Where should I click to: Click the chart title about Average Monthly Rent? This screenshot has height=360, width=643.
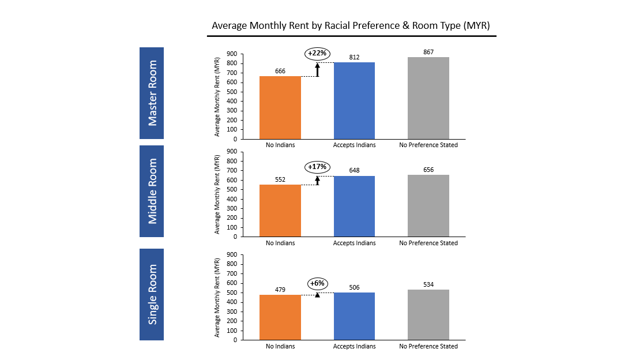click(x=351, y=26)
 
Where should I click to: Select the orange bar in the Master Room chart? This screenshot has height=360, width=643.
click(x=280, y=107)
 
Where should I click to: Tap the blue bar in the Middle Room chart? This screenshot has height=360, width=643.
click(x=354, y=206)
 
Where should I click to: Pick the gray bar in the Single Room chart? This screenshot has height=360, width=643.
click(x=428, y=314)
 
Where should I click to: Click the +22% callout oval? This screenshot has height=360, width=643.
click(x=317, y=54)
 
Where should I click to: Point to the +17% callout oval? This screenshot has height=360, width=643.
click(x=317, y=167)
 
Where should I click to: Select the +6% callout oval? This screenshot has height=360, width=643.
click(x=317, y=283)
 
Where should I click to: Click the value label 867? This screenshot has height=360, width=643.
click(x=428, y=52)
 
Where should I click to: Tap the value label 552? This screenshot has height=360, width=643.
click(x=280, y=179)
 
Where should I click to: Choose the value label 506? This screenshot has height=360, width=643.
click(x=354, y=287)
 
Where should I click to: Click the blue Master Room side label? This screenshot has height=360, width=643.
click(x=152, y=93)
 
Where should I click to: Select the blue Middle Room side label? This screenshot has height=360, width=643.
click(x=152, y=191)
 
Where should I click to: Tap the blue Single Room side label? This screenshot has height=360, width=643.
click(x=152, y=294)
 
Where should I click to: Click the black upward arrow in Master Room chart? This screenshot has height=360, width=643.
click(x=317, y=69)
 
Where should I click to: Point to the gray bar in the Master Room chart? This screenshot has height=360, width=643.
click(x=428, y=98)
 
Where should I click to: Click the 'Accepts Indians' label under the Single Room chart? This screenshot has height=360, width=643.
click(x=354, y=346)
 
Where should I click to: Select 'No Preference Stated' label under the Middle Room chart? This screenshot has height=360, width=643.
click(x=428, y=243)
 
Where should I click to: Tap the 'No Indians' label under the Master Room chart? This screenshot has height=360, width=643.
click(x=280, y=145)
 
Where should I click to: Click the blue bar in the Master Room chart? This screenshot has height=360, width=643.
click(x=354, y=100)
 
